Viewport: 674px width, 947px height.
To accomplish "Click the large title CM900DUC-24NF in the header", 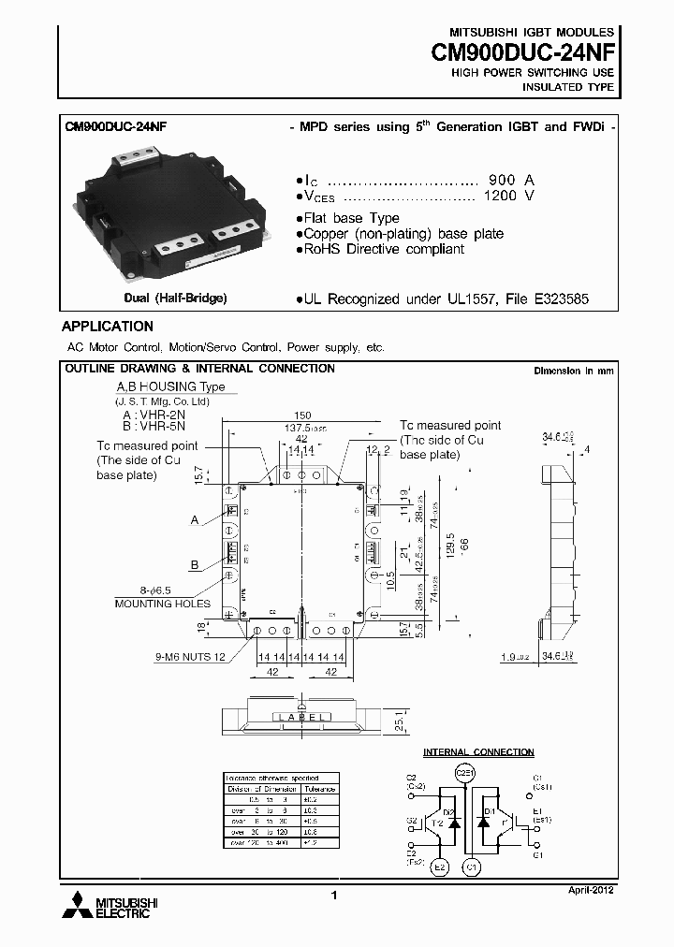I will (x=522, y=54).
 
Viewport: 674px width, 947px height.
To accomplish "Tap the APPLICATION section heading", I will (x=108, y=327).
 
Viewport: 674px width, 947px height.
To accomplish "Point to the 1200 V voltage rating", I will (x=509, y=197).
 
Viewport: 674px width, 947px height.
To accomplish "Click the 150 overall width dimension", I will (x=302, y=415).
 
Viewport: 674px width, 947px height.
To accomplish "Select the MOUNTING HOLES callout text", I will (x=162, y=604).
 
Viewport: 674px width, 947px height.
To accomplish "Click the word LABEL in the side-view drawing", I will (x=302, y=717).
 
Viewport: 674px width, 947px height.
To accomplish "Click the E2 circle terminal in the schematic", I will (x=439, y=867).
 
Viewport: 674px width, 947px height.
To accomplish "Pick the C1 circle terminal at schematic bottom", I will (x=473, y=867).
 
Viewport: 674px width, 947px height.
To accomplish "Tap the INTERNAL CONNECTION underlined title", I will (x=478, y=752).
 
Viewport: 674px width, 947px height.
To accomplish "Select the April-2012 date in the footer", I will (x=592, y=890).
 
